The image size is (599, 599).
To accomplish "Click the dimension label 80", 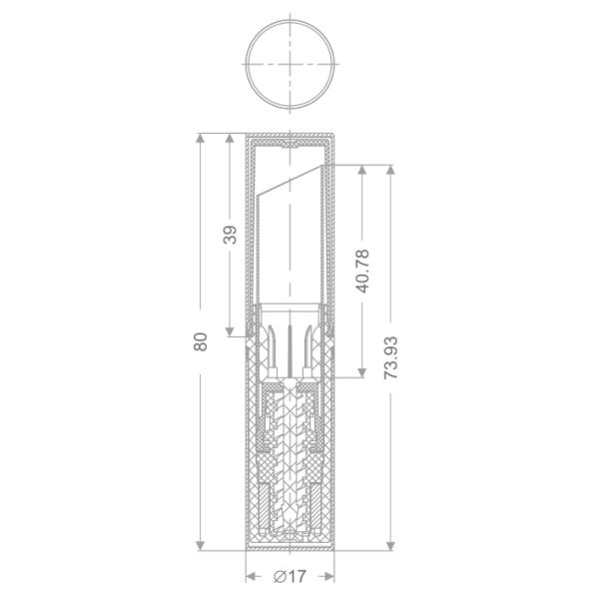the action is click(201, 341).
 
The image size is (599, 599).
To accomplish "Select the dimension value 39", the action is click(230, 235).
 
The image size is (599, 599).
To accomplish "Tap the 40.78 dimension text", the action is click(362, 272).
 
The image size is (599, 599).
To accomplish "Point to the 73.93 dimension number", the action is click(390, 358).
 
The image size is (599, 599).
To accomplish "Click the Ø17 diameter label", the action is click(290, 576).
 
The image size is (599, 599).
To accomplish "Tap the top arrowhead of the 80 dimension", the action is click(200, 138).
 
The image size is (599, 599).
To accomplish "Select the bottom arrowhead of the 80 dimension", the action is click(200, 545).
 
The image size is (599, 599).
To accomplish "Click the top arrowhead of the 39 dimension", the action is click(230, 138).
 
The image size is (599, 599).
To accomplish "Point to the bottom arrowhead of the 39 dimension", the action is click(230, 331).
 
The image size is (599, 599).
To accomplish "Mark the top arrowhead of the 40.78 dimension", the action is click(362, 170).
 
